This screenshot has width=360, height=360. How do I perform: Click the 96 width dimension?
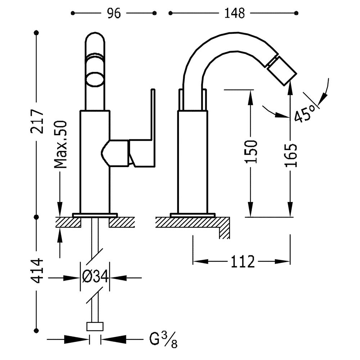click(x=113, y=13)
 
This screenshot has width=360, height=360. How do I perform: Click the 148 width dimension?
click(x=234, y=13)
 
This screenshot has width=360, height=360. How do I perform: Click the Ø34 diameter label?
click(x=95, y=278)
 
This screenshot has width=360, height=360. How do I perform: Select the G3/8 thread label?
click(x=163, y=339)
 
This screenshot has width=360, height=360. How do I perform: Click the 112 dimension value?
click(x=242, y=261)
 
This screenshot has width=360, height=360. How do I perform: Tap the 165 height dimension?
click(x=291, y=155)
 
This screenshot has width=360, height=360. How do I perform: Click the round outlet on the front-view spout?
click(x=95, y=78)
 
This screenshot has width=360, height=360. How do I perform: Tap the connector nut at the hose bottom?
click(x=95, y=326)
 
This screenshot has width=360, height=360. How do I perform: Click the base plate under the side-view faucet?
click(x=193, y=215)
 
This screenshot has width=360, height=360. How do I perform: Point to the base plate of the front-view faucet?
click(x=95, y=215)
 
